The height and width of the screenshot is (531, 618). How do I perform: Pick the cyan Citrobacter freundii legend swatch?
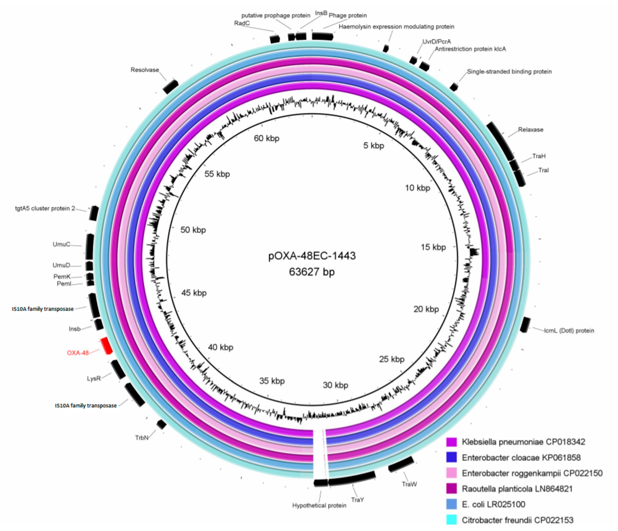pyautogui.click(x=452, y=520)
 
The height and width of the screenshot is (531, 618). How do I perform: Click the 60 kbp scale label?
pyautogui.click(x=266, y=139)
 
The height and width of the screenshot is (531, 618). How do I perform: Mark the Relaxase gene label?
pyautogui.click(x=530, y=130)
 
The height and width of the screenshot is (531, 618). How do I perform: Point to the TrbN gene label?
pyautogui.click(x=141, y=438)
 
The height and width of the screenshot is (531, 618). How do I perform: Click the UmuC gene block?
pyautogui.click(x=90, y=247)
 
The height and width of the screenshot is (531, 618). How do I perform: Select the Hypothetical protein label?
pyautogui.click(x=319, y=506)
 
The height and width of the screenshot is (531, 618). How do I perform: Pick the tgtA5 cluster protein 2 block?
pyautogui.click(x=94, y=213)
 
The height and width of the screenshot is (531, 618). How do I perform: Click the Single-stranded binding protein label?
pyautogui.click(x=509, y=72)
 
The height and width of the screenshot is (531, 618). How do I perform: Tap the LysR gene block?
pyautogui.click(x=118, y=370)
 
